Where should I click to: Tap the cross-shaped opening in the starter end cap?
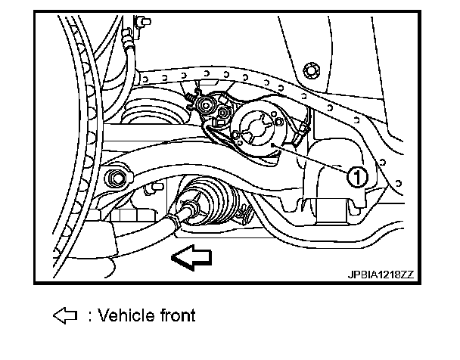[x=257, y=125]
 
